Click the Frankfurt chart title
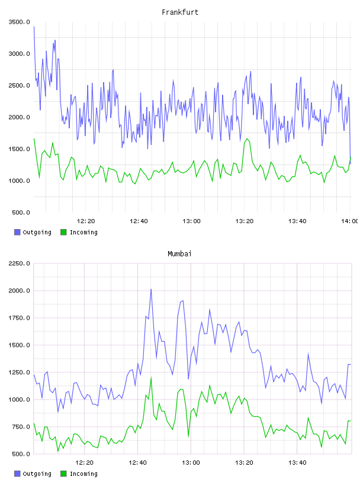coord(180,12)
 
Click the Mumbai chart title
coord(179,254)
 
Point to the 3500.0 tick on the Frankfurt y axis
coord(20,22)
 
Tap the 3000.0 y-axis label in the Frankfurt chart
coord(20,54)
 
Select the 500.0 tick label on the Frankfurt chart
coord(21,212)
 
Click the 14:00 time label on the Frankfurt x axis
coord(350,221)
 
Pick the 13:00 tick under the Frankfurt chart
coord(191,221)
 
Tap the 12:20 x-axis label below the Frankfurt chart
coord(86,221)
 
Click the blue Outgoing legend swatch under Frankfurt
coord(17,232)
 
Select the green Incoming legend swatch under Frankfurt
coord(63,232)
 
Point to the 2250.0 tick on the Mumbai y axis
coord(20,263)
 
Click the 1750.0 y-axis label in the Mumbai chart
coord(20,318)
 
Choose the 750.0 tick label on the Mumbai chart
coord(21,427)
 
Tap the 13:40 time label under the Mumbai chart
coord(297,463)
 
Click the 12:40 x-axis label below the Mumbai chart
coord(138,463)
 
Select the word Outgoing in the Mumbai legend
coord(37,474)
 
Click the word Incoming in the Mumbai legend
coord(83,474)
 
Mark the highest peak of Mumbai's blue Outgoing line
coord(151,289)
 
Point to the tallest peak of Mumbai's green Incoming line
coord(151,378)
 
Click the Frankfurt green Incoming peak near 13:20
coord(247,139)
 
